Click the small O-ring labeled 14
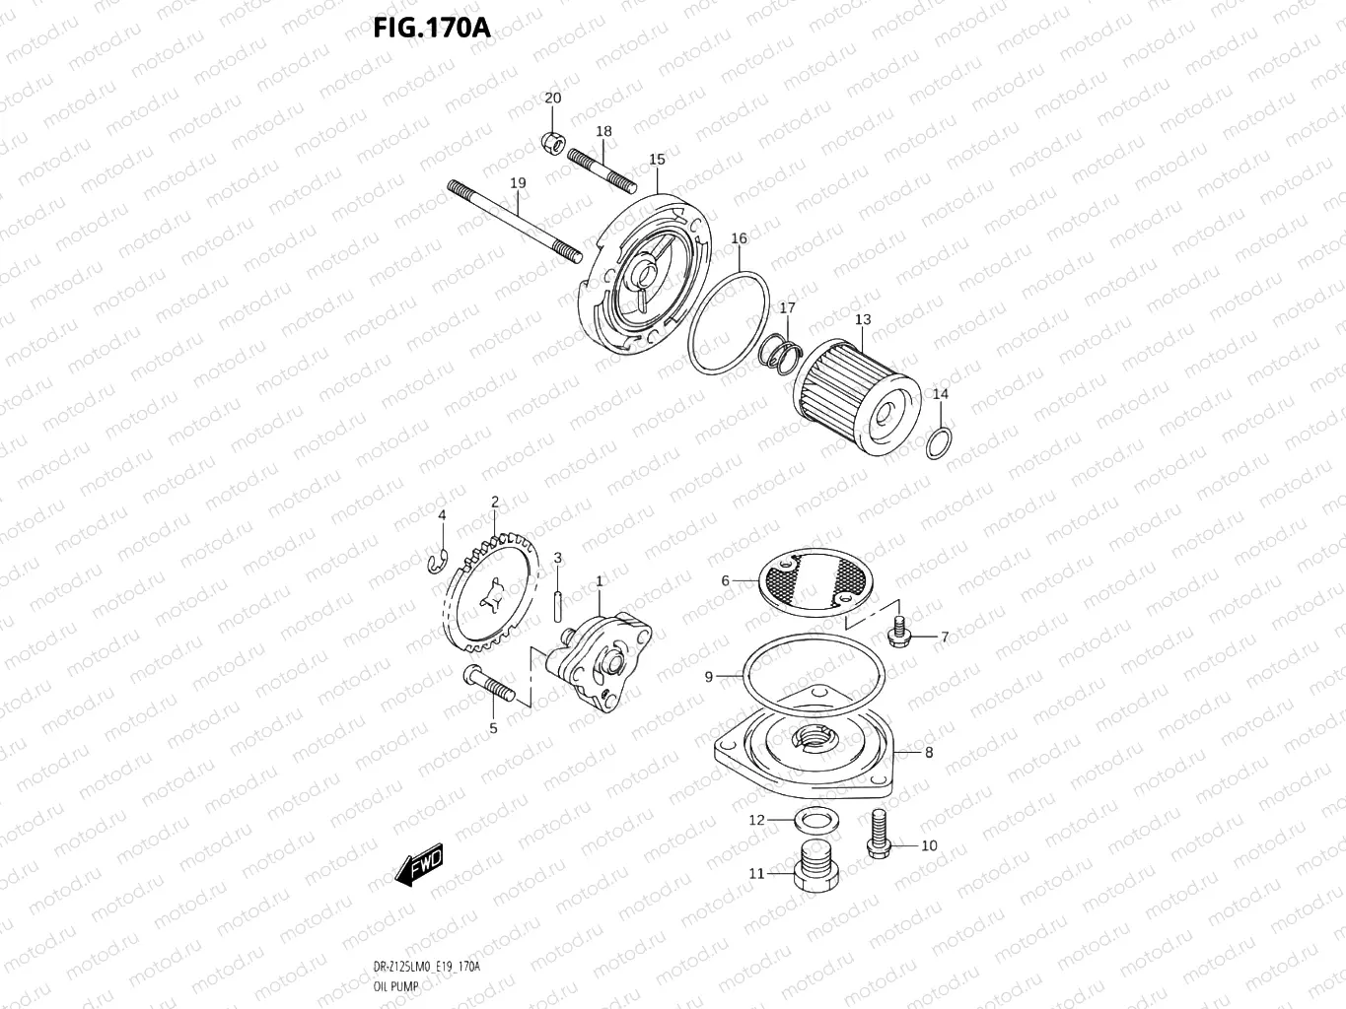pyautogui.click(x=940, y=443)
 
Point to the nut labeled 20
pyautogui.click(x=552, y=144)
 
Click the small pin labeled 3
pyautogui.click(x=558, y=599)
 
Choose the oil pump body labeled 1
pyautogui.click(x=594, y=661)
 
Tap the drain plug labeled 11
pyautogui.click(x=814, y=867)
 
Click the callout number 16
pyautogui.click(x=739, y=238)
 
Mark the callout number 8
pyautogui.click(x=929, y=753)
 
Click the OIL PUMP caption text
pyautogui.click(x=396, y=986)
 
